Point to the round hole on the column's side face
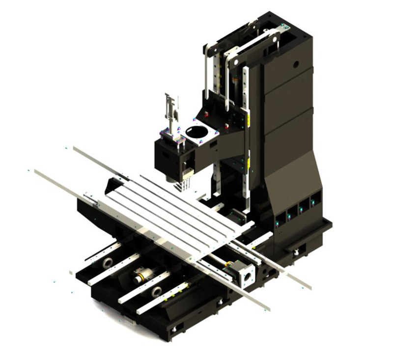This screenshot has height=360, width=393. point(296,64)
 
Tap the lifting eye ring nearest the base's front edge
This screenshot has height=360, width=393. point(157,292)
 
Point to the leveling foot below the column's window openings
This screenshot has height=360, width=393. point(297,252)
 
